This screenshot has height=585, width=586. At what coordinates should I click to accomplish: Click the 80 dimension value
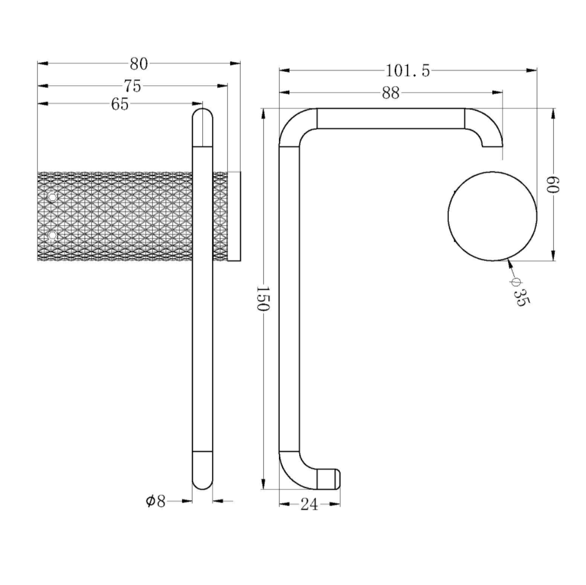[139, 64]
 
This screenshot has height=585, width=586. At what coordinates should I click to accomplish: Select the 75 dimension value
[133, 87]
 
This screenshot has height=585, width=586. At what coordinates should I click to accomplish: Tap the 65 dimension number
[119, 104]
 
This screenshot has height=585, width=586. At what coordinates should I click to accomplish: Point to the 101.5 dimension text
[408, 71]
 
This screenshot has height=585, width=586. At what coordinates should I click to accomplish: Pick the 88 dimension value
[390, 93]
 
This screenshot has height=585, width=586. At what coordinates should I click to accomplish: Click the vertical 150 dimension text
[263, 299]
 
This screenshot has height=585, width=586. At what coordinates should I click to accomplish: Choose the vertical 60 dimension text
[552, 184]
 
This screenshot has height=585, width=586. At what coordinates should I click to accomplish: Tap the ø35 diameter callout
[520, 292]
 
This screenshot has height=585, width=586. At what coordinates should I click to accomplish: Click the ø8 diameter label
[155, 502]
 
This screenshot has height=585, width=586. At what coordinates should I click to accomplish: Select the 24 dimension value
[309, 505]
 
